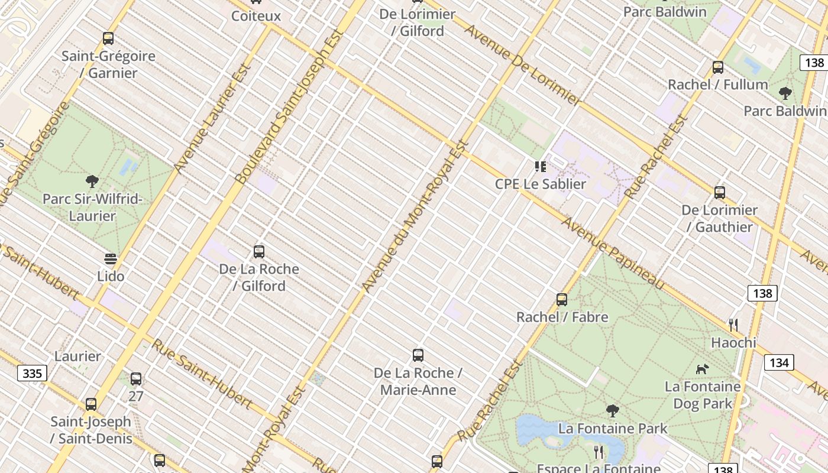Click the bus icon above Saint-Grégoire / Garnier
[108, 38]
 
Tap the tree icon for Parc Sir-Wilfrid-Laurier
[92, 181]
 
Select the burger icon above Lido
[111, 259]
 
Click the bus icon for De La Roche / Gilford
[259, 251]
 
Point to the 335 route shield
[32, 373]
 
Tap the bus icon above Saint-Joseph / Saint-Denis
[91, 404]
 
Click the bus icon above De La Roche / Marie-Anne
[418, 355]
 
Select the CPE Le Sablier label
[540, 184]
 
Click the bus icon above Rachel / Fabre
[562, 300]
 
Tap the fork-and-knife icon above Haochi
[733, 325]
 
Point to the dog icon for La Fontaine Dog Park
[702, 369]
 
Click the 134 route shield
[779, 362]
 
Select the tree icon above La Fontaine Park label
[613, 410]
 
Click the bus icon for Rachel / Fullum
[718, 67]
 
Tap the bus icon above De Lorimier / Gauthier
[720, 193]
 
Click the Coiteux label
[256, 16]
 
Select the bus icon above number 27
[136, 379]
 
